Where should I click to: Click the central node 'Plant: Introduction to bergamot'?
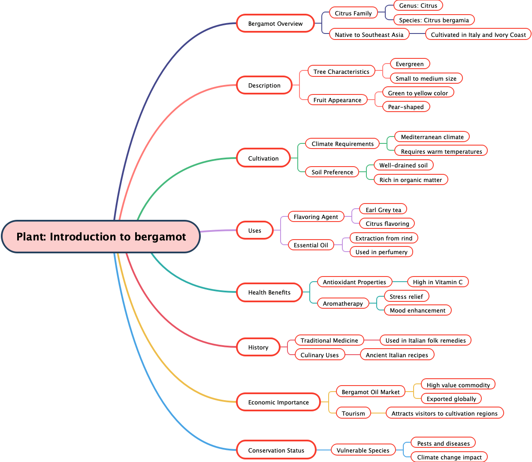(101, 237)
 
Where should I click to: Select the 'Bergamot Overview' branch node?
(275, 24)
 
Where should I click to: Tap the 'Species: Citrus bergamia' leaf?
(434, 20)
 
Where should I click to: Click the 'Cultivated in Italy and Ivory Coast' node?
(478, 35)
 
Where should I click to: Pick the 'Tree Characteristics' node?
(341, 72)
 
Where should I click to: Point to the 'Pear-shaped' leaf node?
(405, 107)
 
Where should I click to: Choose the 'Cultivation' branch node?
(263, 158)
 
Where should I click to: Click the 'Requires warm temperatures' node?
(441, 152)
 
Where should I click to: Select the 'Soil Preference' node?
(332, 172)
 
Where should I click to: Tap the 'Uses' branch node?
(254, 231)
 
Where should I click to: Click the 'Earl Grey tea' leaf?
(383, 210)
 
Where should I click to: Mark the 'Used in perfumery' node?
(381, 252)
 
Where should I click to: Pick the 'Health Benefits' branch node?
(269, 292)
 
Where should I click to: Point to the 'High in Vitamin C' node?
(438, 282)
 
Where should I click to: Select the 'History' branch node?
(258, 347)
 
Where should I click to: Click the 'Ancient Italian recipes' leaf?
(397, 355)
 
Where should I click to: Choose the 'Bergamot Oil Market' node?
(370, 392)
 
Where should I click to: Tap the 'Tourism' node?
(353, 413)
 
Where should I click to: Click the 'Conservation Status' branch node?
(276, 450)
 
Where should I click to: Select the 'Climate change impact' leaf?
(449, 457)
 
